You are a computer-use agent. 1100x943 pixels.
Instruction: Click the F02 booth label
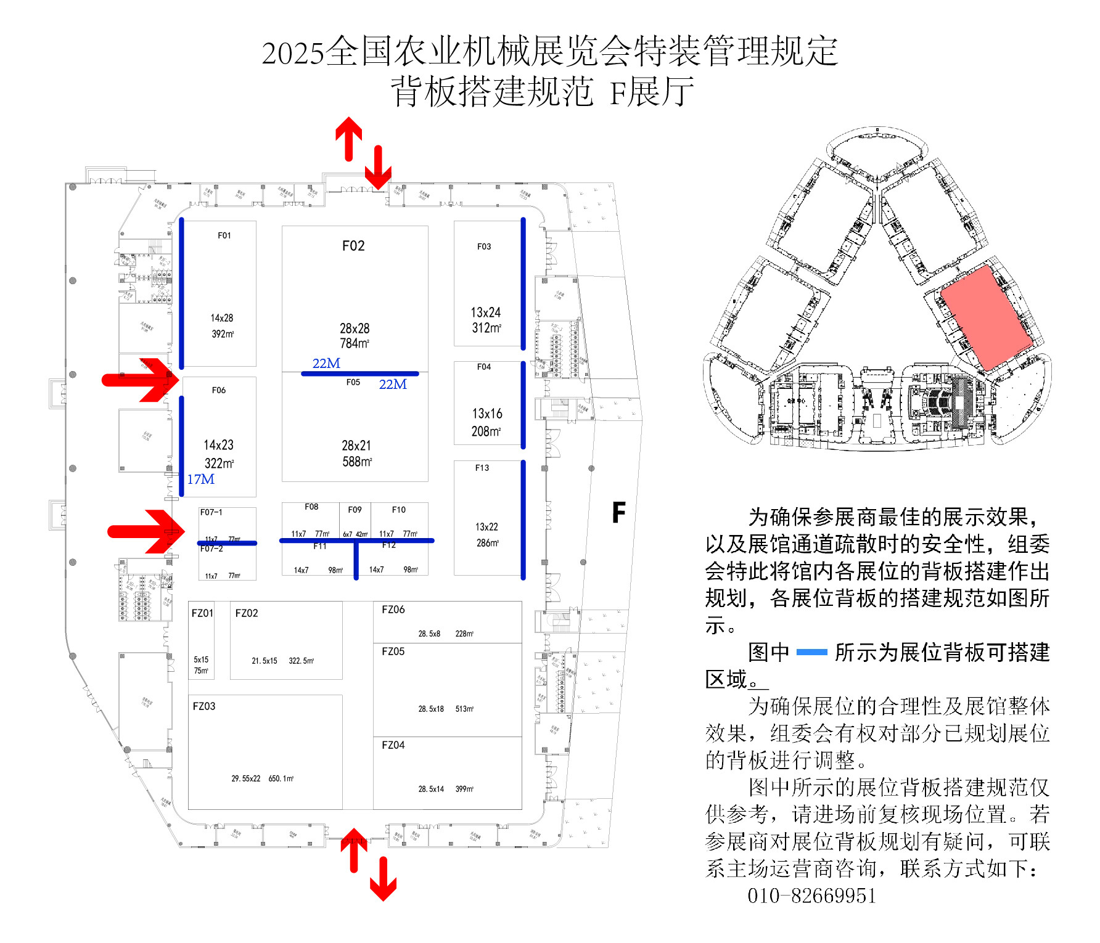(x=353, y=246)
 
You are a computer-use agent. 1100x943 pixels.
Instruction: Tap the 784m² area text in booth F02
(x=355, y=343)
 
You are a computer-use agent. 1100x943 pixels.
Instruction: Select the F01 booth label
(x=224, y=235)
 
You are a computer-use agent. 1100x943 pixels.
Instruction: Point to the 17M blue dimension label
(x=201, y=479)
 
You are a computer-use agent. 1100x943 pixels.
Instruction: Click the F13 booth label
(x=482, y=468)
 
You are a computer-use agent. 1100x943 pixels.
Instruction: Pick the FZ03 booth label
(x=204, y=706)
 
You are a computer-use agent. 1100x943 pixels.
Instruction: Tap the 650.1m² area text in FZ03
(x=281, y=778)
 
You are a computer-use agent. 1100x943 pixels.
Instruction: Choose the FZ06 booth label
(x=393, y=610)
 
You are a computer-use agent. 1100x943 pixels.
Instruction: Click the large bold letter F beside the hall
(x=618, y=512)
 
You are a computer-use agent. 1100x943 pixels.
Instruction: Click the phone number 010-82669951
(x=811, y=896)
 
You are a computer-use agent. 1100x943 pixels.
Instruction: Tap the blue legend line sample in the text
(x=811, y=652)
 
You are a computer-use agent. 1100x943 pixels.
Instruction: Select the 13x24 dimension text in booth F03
(x=486, y=312)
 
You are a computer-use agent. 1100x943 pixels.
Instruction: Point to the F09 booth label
(x=355, y=510)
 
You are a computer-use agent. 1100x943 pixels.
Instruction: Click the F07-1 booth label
(x=211, y=512)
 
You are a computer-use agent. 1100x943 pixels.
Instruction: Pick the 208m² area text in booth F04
(x=486, y=431)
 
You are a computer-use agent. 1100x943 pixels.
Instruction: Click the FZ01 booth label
(x=202, y=613)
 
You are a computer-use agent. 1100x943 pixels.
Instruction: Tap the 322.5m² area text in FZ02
(x=302, y=661)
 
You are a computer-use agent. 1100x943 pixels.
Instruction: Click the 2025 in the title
(x=293, y=53)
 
